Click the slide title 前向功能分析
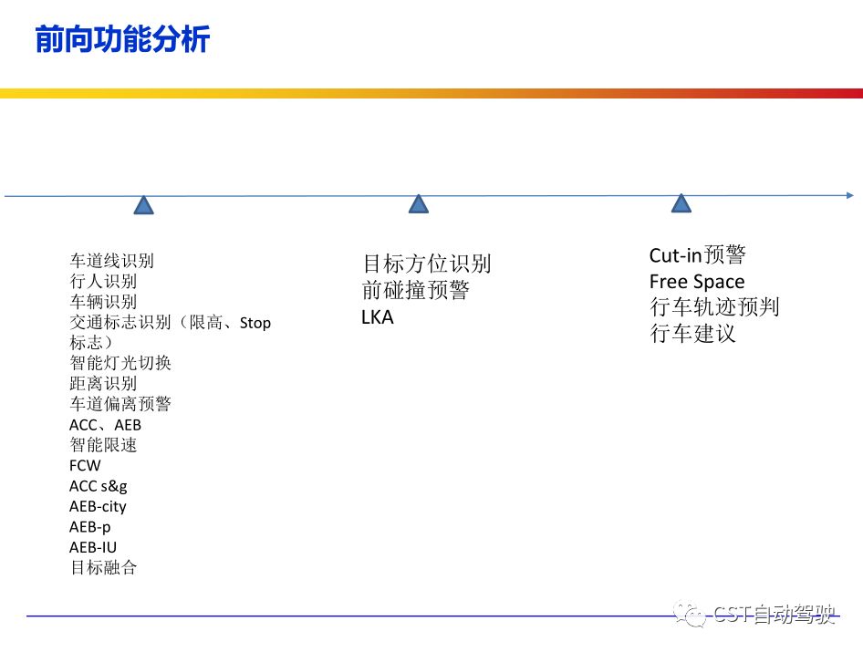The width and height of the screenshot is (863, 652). tap(122, 39)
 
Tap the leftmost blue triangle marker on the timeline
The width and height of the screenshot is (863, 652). tap(143, 205)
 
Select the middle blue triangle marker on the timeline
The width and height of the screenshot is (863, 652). tap(418, 204)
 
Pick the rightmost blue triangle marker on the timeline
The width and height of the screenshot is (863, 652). tap(681, 203)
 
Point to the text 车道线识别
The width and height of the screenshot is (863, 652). tap(111, 262)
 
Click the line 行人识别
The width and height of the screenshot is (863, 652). tap(103, 282)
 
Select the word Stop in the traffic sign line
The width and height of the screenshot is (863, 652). tap(255, 323)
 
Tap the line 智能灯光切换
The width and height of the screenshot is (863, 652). tap(120, 363)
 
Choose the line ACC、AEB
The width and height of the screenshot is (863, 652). tap(105, 425)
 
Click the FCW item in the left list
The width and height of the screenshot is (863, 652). tap(85, 466)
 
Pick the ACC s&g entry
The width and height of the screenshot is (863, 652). tap(99, 486)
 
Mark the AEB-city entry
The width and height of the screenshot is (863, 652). tap(98, 506)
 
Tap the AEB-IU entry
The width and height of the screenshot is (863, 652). tap(93, 547)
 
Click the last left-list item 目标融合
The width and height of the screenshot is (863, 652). tap(103, 567)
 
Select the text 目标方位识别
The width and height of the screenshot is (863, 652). tap(426, 264)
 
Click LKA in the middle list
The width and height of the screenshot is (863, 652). tap(378, 318)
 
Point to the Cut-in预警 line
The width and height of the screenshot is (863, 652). tap(698, 256)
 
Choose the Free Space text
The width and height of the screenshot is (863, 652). tap(697, 282)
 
